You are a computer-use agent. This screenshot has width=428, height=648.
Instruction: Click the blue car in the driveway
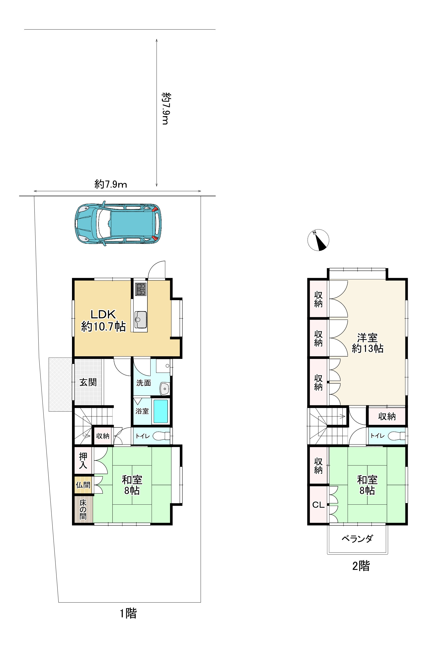pyautogui.click(x=118, y=224)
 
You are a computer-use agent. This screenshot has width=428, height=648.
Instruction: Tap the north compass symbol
pyautogui.click(x=318, y=240)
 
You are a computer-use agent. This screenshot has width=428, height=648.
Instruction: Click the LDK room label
pyautogui.click(x=104, y=320)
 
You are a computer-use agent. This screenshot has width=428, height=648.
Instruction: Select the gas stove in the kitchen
pyautogui.click(x=141, y=289)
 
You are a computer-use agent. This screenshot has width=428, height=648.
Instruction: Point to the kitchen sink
pyautogui.click(x=141, y=320)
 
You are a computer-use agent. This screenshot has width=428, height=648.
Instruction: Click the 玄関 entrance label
pyautogui.click(x=88, y=382)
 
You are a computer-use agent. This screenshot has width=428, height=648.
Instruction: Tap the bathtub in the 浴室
pyautogui.click(x=161, y=411)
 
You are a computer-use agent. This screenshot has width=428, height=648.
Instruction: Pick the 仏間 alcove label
pyautogui.click(x=83, y=485)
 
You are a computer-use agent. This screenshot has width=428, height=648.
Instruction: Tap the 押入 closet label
pyautogui.click(x=83, y=461)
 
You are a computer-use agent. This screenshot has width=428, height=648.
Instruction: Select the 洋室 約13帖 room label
pyautogui.click(x=367, y=343)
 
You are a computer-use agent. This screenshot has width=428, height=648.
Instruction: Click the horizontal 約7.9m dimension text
pyautogui.click(x=111, y=185)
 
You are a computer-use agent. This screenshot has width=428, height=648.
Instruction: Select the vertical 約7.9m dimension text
pyautogui.click(x=166, y=108)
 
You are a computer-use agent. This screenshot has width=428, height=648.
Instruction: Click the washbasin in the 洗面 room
pyautogui.click(x=164, y=388)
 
